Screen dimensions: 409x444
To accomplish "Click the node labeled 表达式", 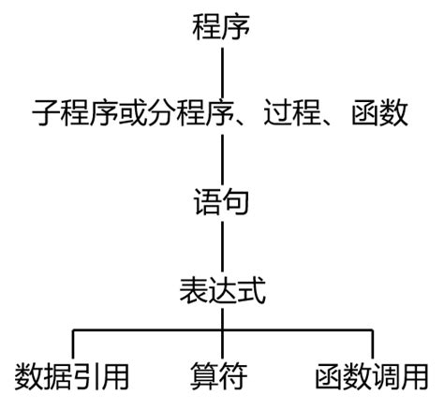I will (x=222, y=289).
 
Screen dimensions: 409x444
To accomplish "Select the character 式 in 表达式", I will (x=251, y=289).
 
